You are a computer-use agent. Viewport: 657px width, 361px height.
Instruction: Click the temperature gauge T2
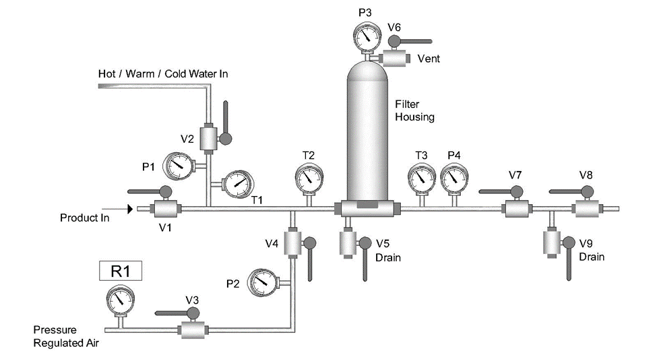tap(309, 177)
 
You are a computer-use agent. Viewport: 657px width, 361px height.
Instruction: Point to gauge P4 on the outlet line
tap(454, 177)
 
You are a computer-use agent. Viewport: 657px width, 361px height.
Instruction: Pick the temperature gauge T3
tap(422, 177)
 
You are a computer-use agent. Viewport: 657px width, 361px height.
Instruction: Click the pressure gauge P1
tap(178, 163)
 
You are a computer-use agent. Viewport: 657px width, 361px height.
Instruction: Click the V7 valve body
tap(516, 209)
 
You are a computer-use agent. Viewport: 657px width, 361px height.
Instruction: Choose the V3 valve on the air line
tap(192, 329)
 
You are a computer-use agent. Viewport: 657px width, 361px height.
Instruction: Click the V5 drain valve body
tap(348, 242)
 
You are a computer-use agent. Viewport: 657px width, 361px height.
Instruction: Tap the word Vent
tap(429, 59)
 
